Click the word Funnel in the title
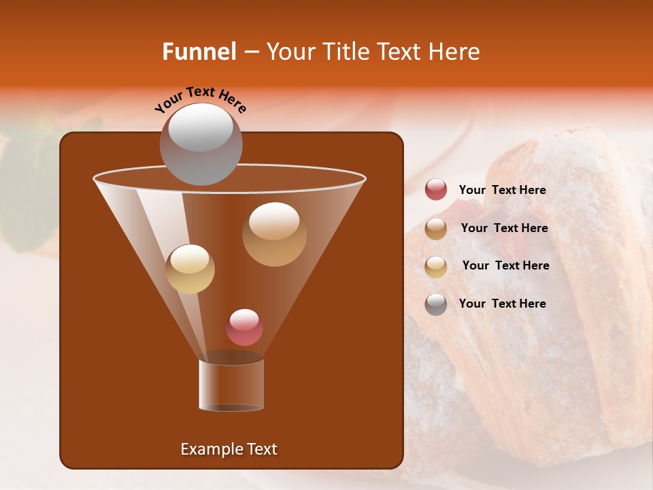[199, 52]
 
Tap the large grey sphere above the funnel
[201, 144]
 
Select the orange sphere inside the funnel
[274, 233]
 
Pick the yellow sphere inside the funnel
[190, 269]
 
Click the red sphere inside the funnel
[244, 327]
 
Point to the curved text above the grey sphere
[201, 99]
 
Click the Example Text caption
[229, 449]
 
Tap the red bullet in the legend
[436, 190]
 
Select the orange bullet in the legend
[436, 228]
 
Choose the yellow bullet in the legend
[436, 266]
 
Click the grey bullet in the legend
[436, 304]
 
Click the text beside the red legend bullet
[502, 191]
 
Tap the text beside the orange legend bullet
[504, 229]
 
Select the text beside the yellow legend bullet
[505, 266]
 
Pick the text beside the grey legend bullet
[502, 304]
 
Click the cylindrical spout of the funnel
[231, 385]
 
